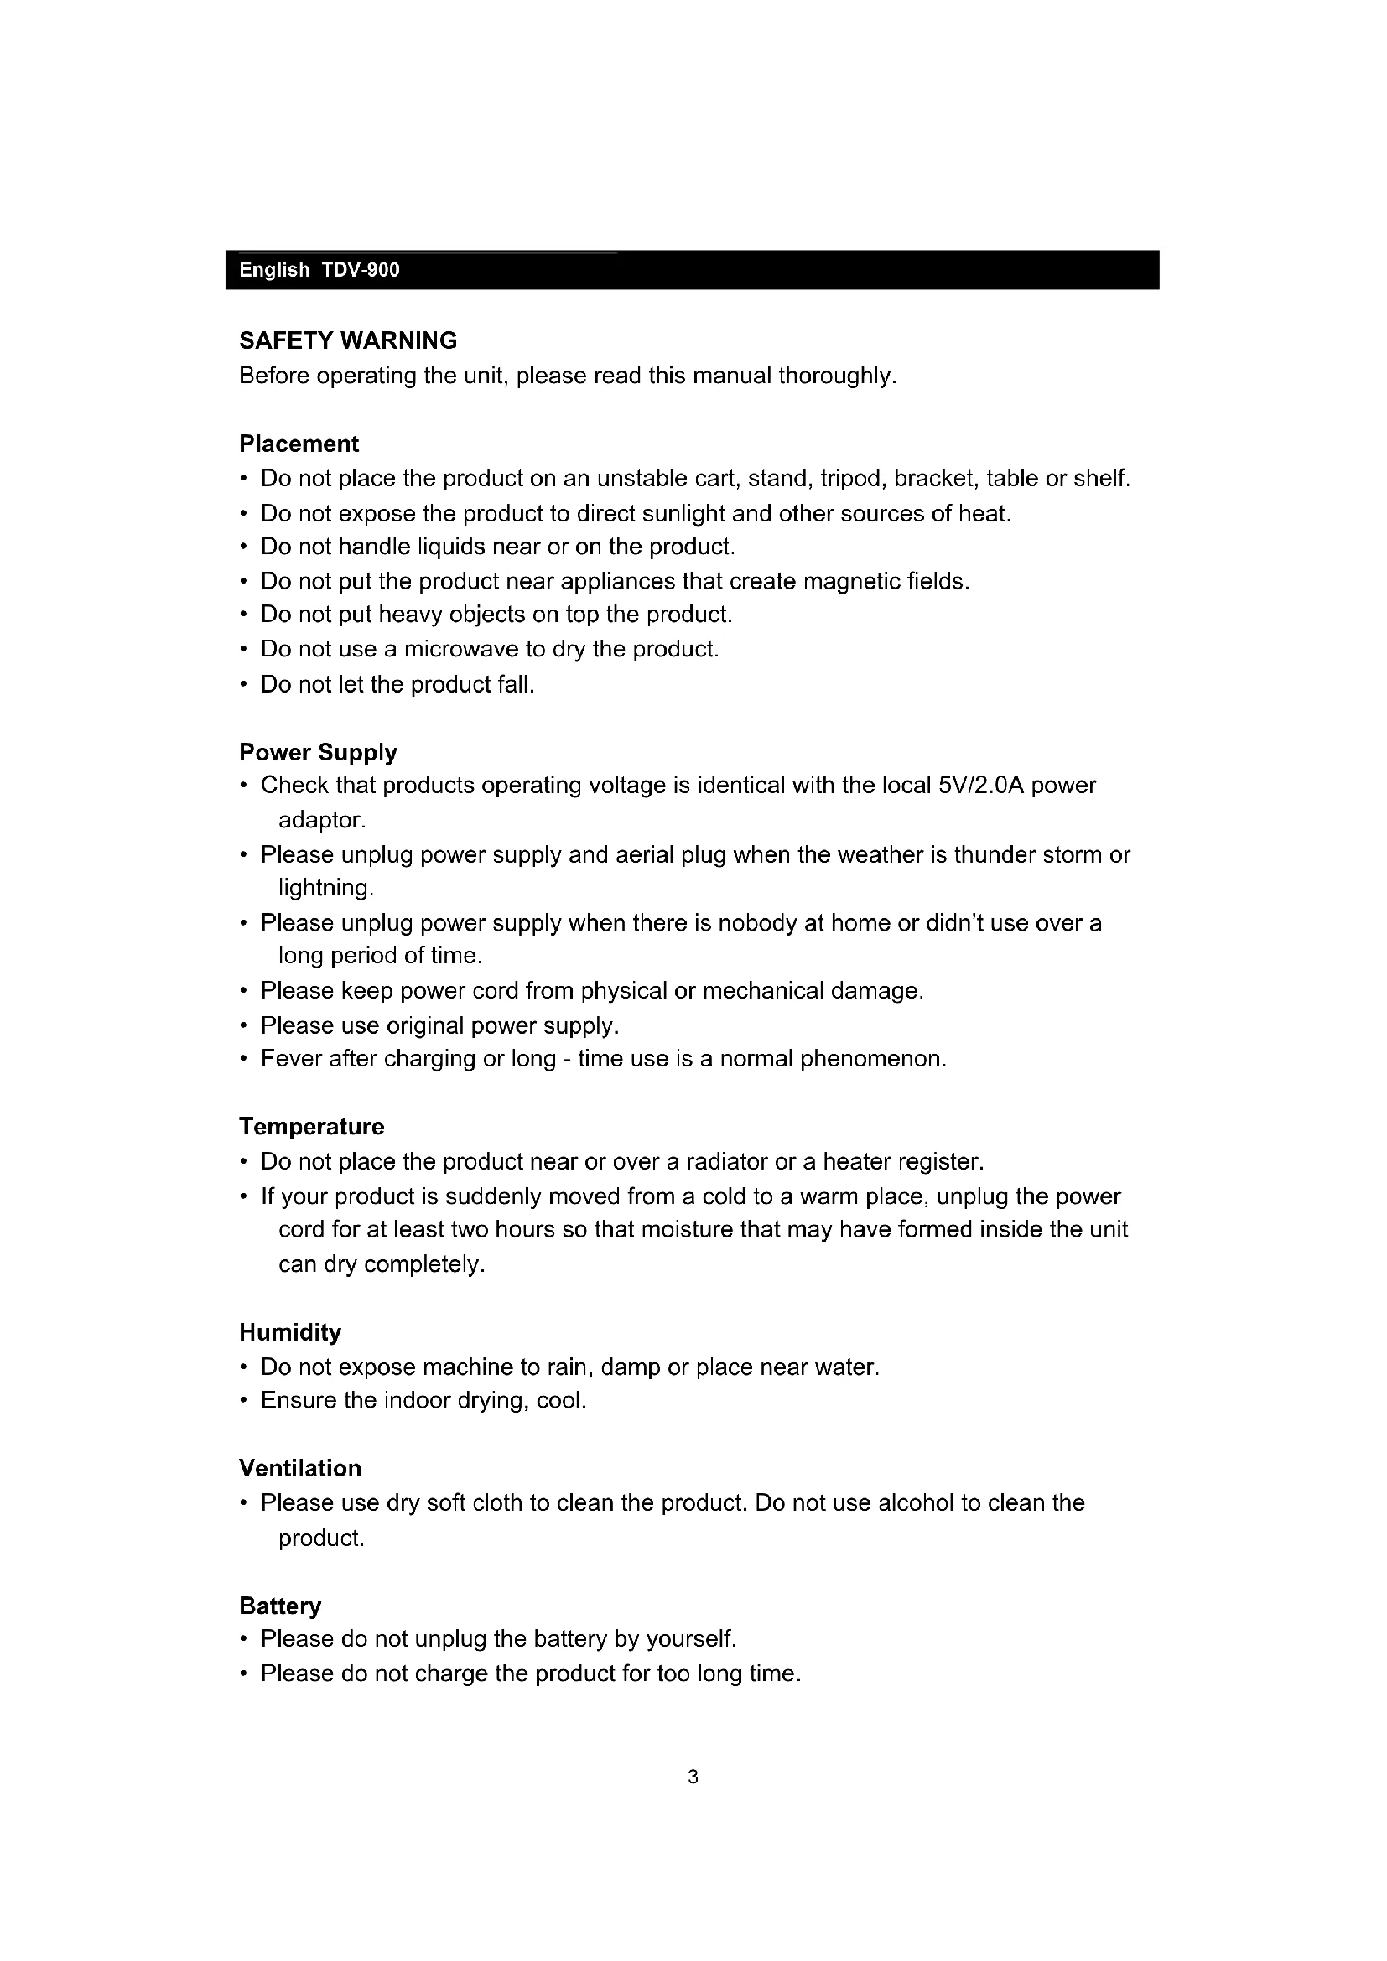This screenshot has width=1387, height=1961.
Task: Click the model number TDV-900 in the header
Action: click(361, 271)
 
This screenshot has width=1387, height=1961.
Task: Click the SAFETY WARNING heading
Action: click(348, 340)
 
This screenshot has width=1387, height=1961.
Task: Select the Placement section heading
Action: click(299, 444)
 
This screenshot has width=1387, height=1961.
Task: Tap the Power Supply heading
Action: click(318, 752)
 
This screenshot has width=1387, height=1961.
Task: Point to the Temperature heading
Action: click(312, 1127)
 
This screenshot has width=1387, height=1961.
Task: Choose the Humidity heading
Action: click(289, 1332)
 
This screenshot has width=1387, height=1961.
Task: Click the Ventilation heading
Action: click(299, 1468)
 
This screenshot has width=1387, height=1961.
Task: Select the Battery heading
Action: click(280, 1606)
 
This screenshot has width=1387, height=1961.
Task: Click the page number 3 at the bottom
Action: click(693, 1777)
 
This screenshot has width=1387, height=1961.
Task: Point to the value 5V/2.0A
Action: click(980, 785)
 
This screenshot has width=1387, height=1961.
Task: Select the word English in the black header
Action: click(274, 271)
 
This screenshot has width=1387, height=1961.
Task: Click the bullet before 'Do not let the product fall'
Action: click(244, 685)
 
